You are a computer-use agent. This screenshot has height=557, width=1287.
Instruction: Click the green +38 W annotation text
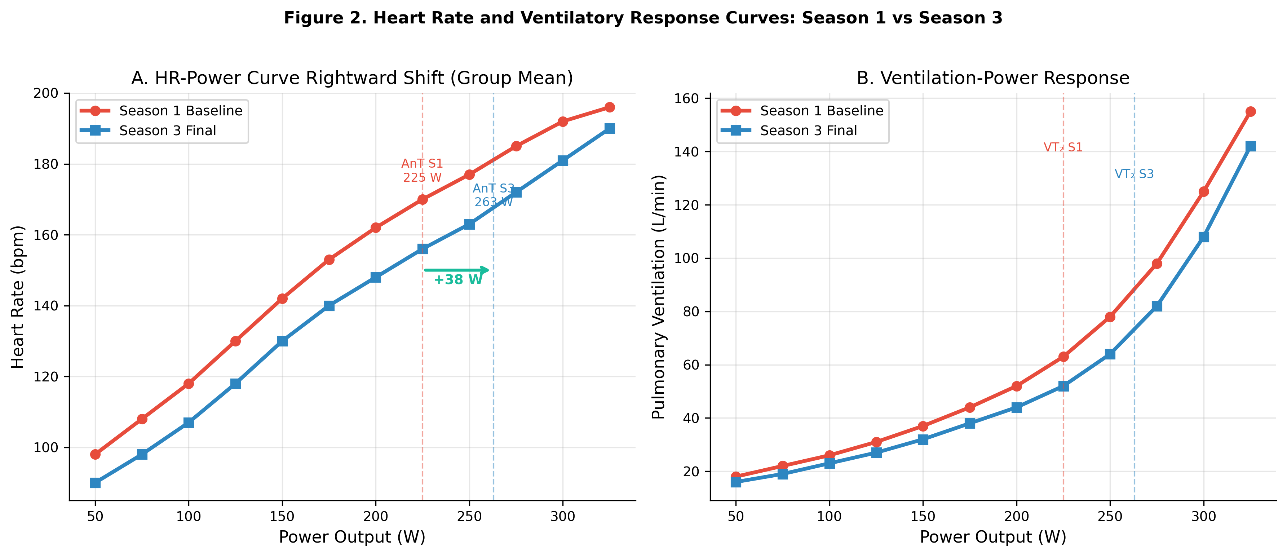(x=457, y=280)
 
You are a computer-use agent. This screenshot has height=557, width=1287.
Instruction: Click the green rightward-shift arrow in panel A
(x=456, y=270)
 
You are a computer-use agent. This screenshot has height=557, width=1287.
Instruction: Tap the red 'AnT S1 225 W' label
(x=422, y=171)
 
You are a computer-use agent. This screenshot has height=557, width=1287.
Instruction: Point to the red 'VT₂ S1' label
(x=1063, y=147)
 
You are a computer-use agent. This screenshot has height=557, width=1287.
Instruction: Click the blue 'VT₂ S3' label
(x=1134, y=174)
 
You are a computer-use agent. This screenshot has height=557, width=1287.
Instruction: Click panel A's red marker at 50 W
(x=95, y=454)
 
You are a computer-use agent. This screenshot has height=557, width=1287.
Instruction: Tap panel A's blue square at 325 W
(x=610, y=128)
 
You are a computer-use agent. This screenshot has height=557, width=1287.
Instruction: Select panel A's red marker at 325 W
(x=610, y=107)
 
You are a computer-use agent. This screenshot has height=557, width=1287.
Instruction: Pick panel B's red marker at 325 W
(x=1251, y=111)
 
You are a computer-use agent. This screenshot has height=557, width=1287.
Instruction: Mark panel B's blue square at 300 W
(x=1204, y=237)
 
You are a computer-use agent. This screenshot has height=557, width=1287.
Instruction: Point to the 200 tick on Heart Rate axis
(x=45, y=93)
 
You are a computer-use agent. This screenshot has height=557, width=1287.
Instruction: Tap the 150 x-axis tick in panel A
(x=282, y=517)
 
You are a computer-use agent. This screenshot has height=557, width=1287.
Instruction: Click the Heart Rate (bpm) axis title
(x=18, y=297)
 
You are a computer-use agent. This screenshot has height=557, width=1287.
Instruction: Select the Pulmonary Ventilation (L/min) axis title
(x=659, y=297)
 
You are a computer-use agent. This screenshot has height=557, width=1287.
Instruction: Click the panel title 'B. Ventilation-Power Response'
(x=993, y=79)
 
